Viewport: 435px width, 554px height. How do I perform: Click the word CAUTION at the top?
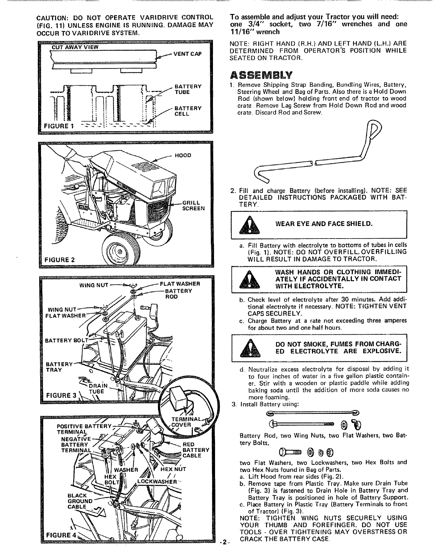tap(53, 17)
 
